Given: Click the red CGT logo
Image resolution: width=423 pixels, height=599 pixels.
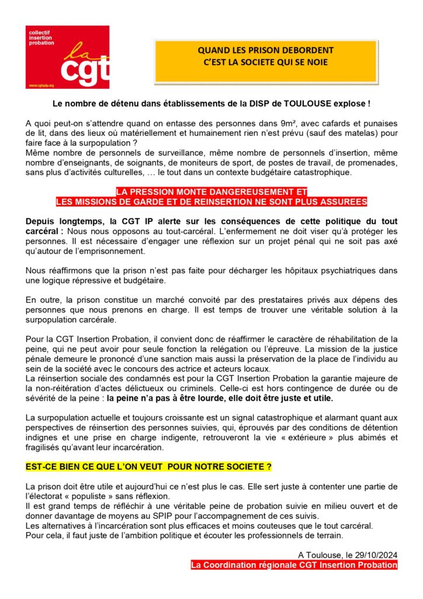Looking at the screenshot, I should [x=67, y=57].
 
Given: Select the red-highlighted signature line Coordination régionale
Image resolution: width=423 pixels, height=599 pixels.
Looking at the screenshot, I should [x=294, y=565].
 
